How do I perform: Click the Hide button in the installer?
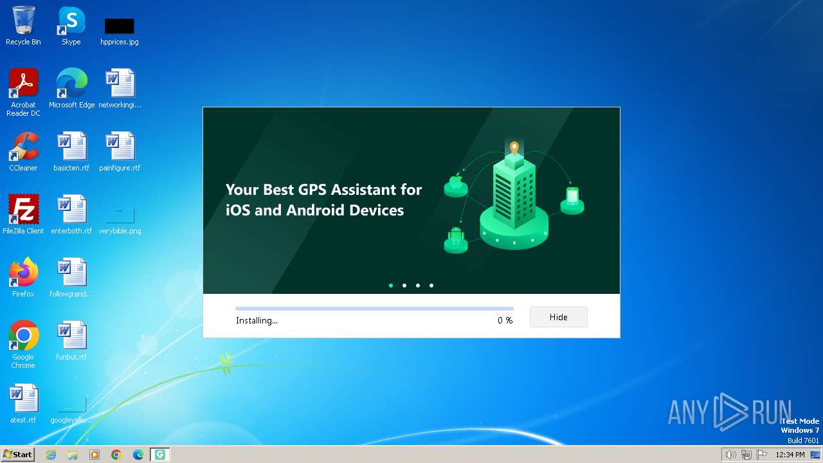[x=558, y=317]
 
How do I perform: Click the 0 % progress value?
[x=505, y=320]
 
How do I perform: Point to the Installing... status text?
[x=257, y=320]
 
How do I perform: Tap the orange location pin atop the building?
[x=514, y=148]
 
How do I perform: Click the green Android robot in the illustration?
[x=456, y=235]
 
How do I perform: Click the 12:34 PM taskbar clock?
[x=790, y=455]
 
